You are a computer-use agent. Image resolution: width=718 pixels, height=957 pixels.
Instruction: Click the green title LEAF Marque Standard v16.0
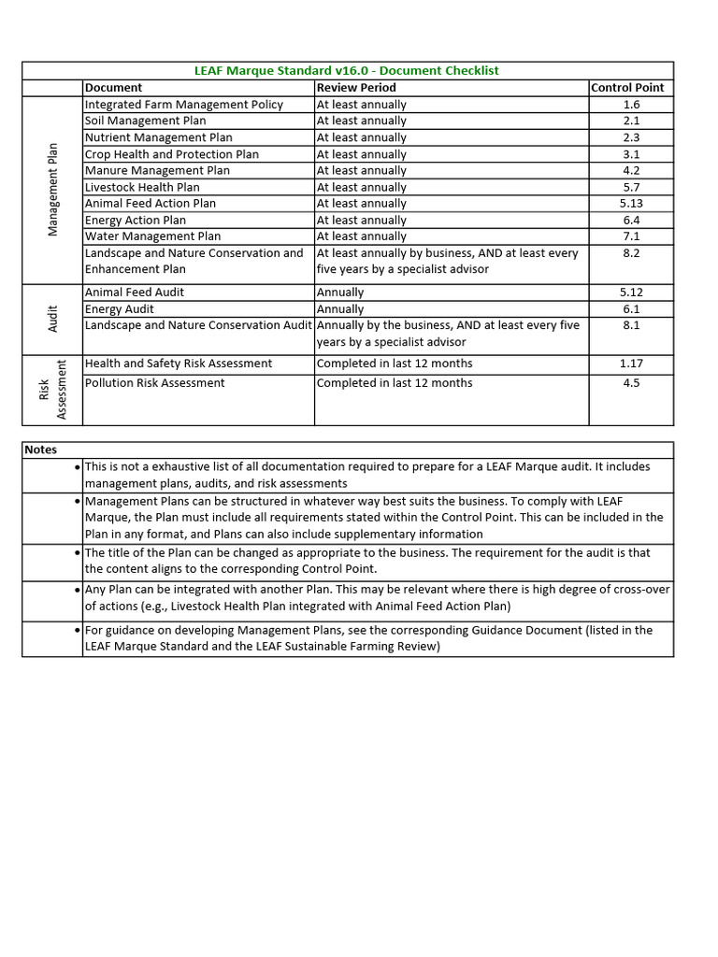346,71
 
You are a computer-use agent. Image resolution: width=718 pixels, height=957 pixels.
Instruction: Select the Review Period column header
356,88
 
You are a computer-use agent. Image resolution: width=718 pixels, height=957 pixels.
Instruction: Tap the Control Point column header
627,88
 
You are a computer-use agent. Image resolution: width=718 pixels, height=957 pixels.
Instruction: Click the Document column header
113,88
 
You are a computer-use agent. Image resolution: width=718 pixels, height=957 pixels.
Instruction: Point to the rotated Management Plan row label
53,190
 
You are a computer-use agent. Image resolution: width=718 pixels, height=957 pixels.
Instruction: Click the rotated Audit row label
53,319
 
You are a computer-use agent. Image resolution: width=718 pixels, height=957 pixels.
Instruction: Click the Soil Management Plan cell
145,121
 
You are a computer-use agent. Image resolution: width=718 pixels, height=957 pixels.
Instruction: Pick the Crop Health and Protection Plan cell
171,154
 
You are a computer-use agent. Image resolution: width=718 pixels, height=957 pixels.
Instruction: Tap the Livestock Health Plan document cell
142,187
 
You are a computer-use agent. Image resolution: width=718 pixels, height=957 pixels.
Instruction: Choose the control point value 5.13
631,204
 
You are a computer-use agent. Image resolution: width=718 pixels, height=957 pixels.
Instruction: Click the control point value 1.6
631,105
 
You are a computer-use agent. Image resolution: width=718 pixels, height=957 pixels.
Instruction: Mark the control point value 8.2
631,253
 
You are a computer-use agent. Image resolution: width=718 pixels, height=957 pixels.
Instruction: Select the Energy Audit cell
120,309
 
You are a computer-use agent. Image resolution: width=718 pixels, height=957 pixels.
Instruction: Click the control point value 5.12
631,293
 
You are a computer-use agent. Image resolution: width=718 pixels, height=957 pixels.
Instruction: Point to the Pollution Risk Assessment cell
154,383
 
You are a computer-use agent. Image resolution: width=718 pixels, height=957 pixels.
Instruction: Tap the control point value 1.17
631,364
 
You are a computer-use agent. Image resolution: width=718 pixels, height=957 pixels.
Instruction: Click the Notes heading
41,450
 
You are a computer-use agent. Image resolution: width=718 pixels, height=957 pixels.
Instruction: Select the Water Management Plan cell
152,236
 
